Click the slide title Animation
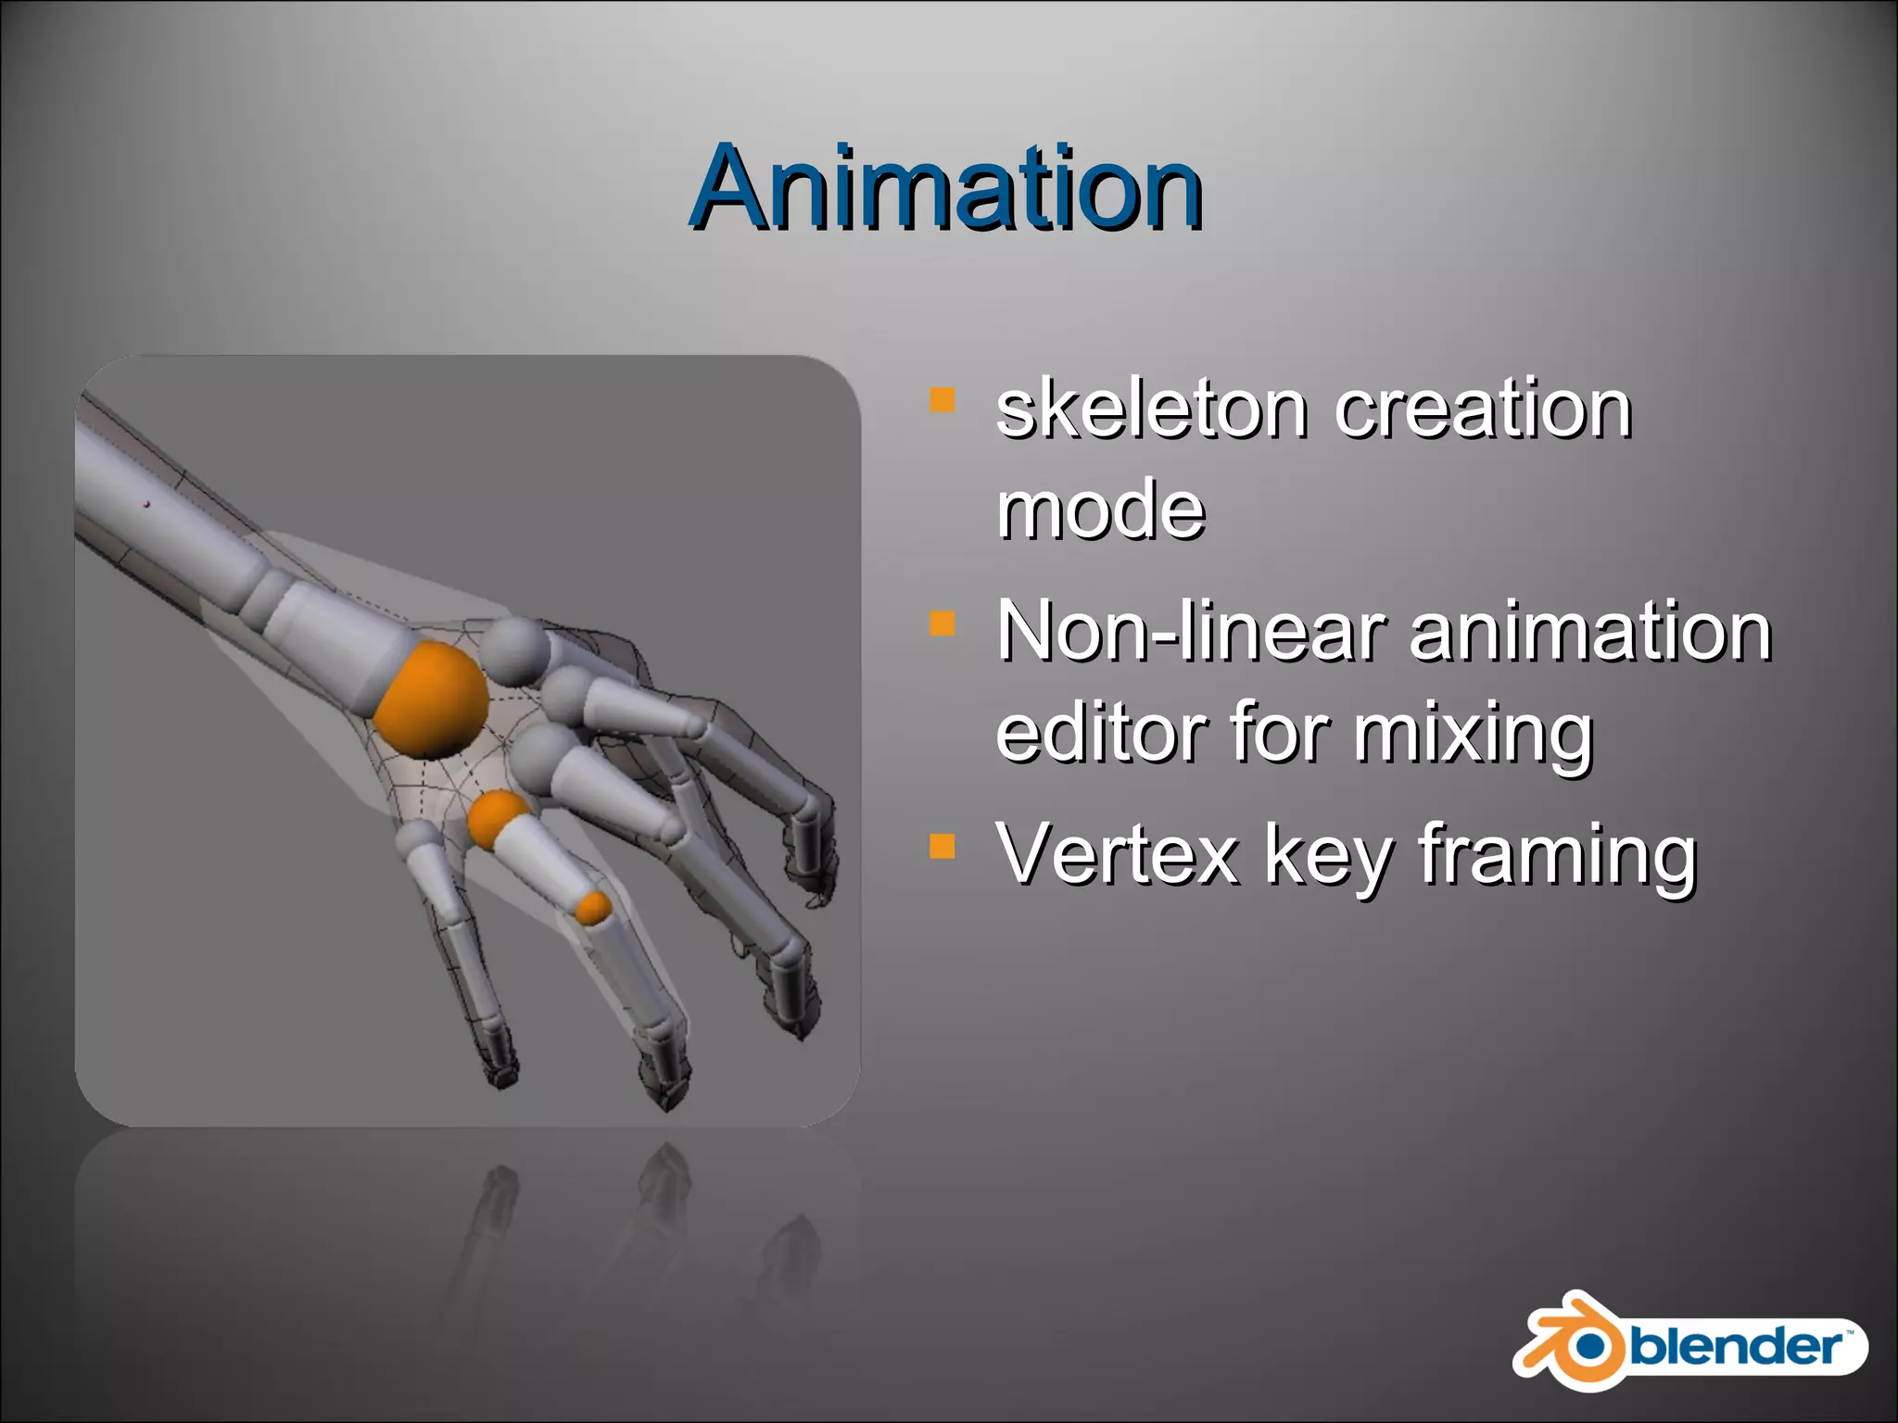click(x=946, y=190)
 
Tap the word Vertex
click(x=1118, y=854)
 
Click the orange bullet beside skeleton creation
click(x=942, y=400)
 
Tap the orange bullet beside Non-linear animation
click(x=942, y=623)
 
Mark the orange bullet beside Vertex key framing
click(x=942, y=845)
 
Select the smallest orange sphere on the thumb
click(x=592, y=907)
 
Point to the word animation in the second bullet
click(x=1589, y=632)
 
